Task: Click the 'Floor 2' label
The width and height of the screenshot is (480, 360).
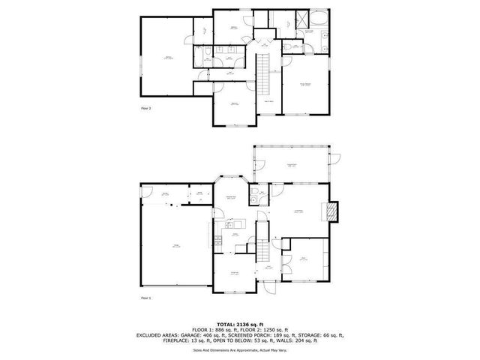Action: [146, 109]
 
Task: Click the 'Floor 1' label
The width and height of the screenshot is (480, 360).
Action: [146, 298]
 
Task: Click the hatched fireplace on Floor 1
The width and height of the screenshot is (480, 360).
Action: [334, 212]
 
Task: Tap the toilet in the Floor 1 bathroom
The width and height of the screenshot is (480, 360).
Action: [255, 197]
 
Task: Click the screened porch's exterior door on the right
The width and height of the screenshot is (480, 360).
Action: [337, 157]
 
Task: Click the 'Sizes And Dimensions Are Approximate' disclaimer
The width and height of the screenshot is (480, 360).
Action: [240, 349]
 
